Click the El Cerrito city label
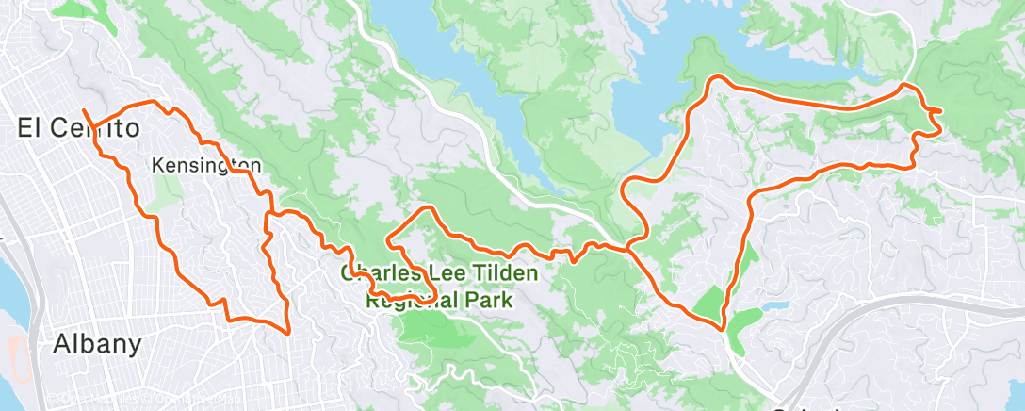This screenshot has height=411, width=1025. (x=79, y=128)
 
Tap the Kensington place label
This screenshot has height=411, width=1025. (x=205, y=166)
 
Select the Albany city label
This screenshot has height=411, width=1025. (x=97, y=344)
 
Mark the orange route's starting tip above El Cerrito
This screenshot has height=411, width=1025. (x=84, y=111)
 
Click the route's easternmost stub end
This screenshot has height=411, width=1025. (x=939, y=111)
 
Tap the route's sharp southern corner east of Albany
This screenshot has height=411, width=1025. (x=286, y=332)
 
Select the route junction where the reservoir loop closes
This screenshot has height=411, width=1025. (x=627, y=249)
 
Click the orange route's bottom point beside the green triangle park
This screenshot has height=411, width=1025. (x=722, y=329)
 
